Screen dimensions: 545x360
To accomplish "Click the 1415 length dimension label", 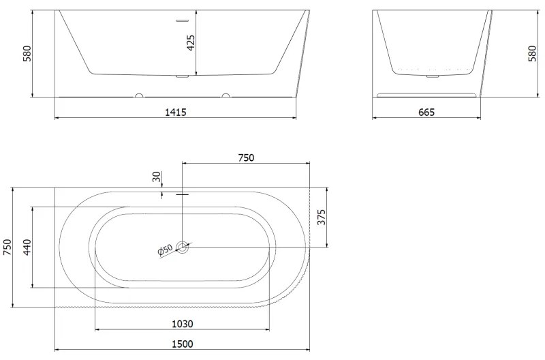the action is point(176,112).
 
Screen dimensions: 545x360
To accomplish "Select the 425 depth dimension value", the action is point(191,43).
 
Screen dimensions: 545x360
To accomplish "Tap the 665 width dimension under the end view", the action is point(426,112).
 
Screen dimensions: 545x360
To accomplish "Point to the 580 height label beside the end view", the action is point(532,54).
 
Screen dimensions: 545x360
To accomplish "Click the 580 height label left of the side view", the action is point(27,54).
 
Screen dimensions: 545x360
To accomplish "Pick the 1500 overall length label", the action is point(183,344).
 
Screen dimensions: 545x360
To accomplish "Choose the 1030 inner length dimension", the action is point(183,324).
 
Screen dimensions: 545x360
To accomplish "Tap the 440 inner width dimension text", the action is point(27,247).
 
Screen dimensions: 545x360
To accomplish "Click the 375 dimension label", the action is point(322,217).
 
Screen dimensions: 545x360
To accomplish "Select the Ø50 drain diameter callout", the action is point(165,250).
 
